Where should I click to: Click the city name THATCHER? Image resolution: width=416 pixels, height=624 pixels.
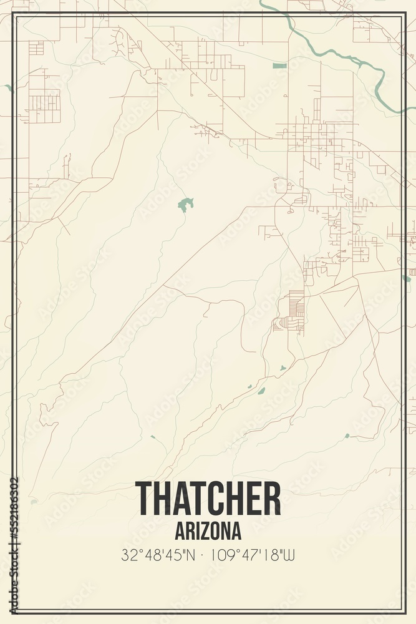pos(208,499)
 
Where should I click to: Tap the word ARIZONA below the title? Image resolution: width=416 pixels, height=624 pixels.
pos(208,531)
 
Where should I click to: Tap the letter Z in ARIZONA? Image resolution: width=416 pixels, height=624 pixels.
pos(208,531)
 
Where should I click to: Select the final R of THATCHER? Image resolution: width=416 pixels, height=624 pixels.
pos(271,499)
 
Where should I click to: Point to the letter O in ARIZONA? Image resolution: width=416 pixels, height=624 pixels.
pos(218,531)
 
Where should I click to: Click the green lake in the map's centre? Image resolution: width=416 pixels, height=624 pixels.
pos(185,203)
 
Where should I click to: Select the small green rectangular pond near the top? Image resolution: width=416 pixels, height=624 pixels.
pos(279,66)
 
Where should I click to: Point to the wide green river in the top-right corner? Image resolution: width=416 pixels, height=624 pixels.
pos(349,57)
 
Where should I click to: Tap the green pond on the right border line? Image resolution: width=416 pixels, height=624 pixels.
pos(407,278)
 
